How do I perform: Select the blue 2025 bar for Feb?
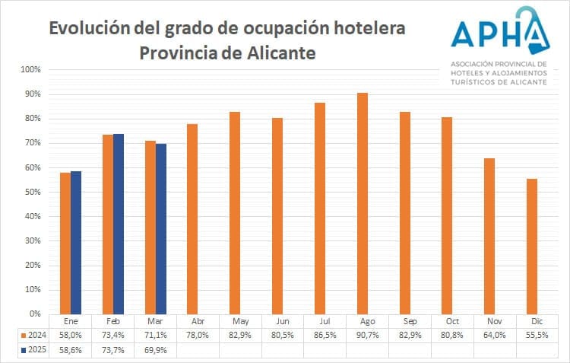pos(119,224)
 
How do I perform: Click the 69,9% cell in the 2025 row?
pos(155,350)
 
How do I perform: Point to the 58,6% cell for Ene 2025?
pos(71,350)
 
